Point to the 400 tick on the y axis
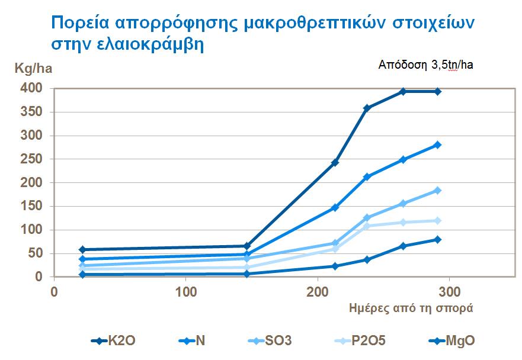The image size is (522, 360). tap(31, 89)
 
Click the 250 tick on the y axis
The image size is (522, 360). tap(31, 159)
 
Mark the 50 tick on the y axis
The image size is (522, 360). tap(35, 253)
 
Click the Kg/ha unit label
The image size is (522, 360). tap(33, 69)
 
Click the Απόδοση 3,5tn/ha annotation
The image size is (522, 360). tap(425, 65)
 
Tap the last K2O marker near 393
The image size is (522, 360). tap(438, 91)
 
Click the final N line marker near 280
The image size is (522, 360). tap(438, 144)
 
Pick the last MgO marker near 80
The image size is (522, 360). tap(438, 239)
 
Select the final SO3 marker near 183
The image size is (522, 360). tap(438, 190)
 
